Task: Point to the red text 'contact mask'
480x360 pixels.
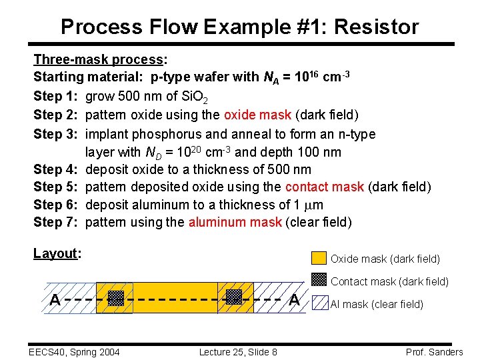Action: tap(324, 187)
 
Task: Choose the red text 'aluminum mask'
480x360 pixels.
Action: tap(235, 222)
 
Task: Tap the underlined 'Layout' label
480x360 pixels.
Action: tap(56, 253)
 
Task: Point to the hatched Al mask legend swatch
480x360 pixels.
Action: tap(320, 304)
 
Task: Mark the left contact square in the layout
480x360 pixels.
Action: tap(116, 298)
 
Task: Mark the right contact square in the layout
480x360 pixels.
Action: tap(233, 297)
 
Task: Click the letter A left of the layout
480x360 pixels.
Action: tap(55, 300)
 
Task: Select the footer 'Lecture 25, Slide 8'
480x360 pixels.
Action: tap(238, 352)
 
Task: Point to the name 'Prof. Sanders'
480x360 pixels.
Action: tap(434, 352)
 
